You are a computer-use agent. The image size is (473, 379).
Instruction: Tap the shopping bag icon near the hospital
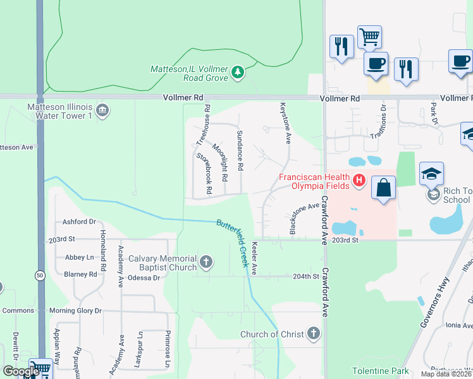coord(383,188)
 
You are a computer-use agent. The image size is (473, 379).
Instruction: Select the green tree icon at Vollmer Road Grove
coord(238,73)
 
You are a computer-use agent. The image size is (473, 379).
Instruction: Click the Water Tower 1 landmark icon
coord(103,111)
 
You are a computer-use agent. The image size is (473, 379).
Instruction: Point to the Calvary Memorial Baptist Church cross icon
coord(206,262)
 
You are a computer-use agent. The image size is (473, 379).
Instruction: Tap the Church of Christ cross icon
coord(314,334)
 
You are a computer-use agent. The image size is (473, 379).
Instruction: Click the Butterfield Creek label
coord(233,243)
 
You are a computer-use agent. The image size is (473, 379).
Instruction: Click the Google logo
coord(21,371)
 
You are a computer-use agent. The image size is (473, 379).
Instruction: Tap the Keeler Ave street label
coord(255,258)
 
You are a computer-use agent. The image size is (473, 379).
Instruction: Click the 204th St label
coord(306,277)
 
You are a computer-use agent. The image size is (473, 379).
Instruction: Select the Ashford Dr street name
coord(79,222)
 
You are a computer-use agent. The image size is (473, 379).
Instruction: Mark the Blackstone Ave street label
coord(304,219)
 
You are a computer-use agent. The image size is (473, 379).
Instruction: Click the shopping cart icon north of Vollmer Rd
coord(369,36)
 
